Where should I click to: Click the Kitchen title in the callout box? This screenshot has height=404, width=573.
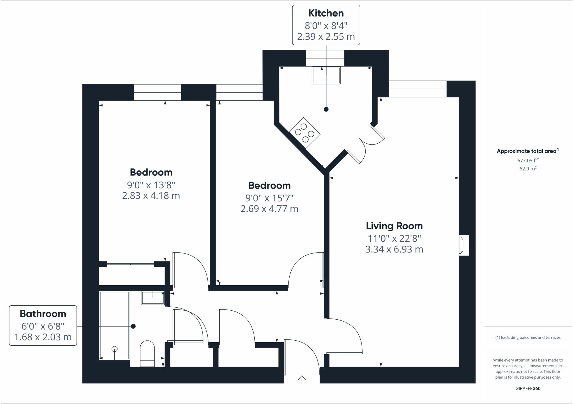click(x=326, y=13)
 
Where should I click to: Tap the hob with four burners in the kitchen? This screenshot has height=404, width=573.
click(x=304, y=132)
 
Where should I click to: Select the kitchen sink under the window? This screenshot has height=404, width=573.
click(x=326, y=75)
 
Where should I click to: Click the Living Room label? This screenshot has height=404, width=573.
click(x=394, y=226)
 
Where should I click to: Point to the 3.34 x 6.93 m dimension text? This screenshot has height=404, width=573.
click(x=394, y=249)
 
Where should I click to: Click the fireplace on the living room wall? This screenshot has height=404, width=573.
click(x=463, y=245)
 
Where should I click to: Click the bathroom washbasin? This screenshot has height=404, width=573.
click(x=152, y=298)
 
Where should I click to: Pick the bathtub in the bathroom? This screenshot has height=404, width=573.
click(x=114, y=325)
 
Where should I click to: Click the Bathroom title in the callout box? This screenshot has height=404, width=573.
click(x=43, y=314)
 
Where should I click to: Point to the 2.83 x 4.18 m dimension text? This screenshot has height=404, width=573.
click(x=151, y=196)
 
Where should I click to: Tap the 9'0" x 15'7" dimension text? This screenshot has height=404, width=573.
click(x=269, y=198)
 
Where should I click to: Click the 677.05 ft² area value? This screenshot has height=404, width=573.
click(x=528, y=161)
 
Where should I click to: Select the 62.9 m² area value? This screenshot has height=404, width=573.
click(x=528, y=169)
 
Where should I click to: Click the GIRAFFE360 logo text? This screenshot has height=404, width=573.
click(x=528, y=388)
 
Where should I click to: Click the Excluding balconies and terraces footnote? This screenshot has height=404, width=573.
click(x=528, y=338)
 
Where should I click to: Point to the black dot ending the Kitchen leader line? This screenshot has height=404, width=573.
click(x=326, y=109)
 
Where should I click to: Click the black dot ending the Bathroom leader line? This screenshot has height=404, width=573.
click(x=133, y=326)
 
